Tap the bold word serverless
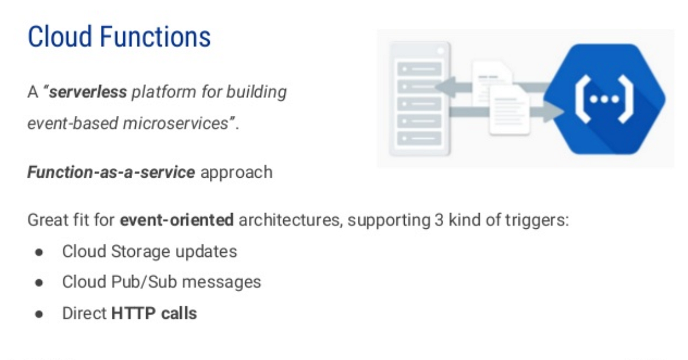(x=88, y=92)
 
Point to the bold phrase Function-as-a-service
(x=111, y=172)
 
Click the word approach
(x=236, y=172)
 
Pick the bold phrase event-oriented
(x=177, y=220)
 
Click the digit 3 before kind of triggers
(x=434, y=220)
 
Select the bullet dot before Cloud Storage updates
(x=39, y=252)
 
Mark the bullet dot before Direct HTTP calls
(x=39, y=314)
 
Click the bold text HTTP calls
(x=154, y=314)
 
